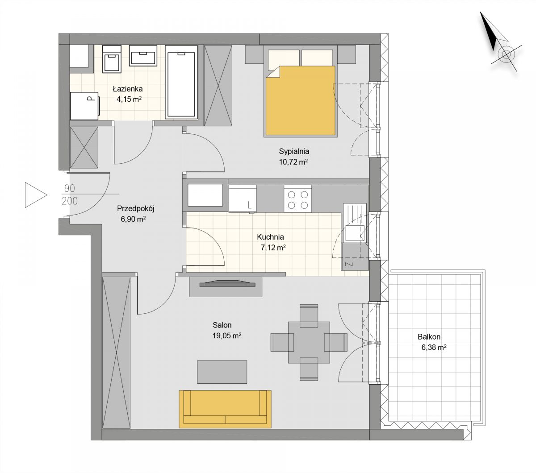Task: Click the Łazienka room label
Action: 127,89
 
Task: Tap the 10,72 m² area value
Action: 293,162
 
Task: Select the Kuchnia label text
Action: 270,237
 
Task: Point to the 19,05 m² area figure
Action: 227,336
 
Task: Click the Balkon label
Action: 429,336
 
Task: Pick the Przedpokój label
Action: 135,209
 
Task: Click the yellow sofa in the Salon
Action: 225,409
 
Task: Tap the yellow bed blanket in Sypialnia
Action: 300,100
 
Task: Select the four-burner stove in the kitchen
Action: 297,199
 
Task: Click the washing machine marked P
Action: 84,106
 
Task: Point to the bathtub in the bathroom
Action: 181,82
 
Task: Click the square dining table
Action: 309,342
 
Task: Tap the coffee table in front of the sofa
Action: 222,372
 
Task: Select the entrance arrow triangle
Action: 36,195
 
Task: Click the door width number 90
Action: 70,188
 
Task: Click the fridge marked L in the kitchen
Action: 243,199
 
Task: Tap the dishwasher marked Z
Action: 355,257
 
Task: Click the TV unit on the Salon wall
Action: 226,286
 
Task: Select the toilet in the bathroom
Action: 112,59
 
